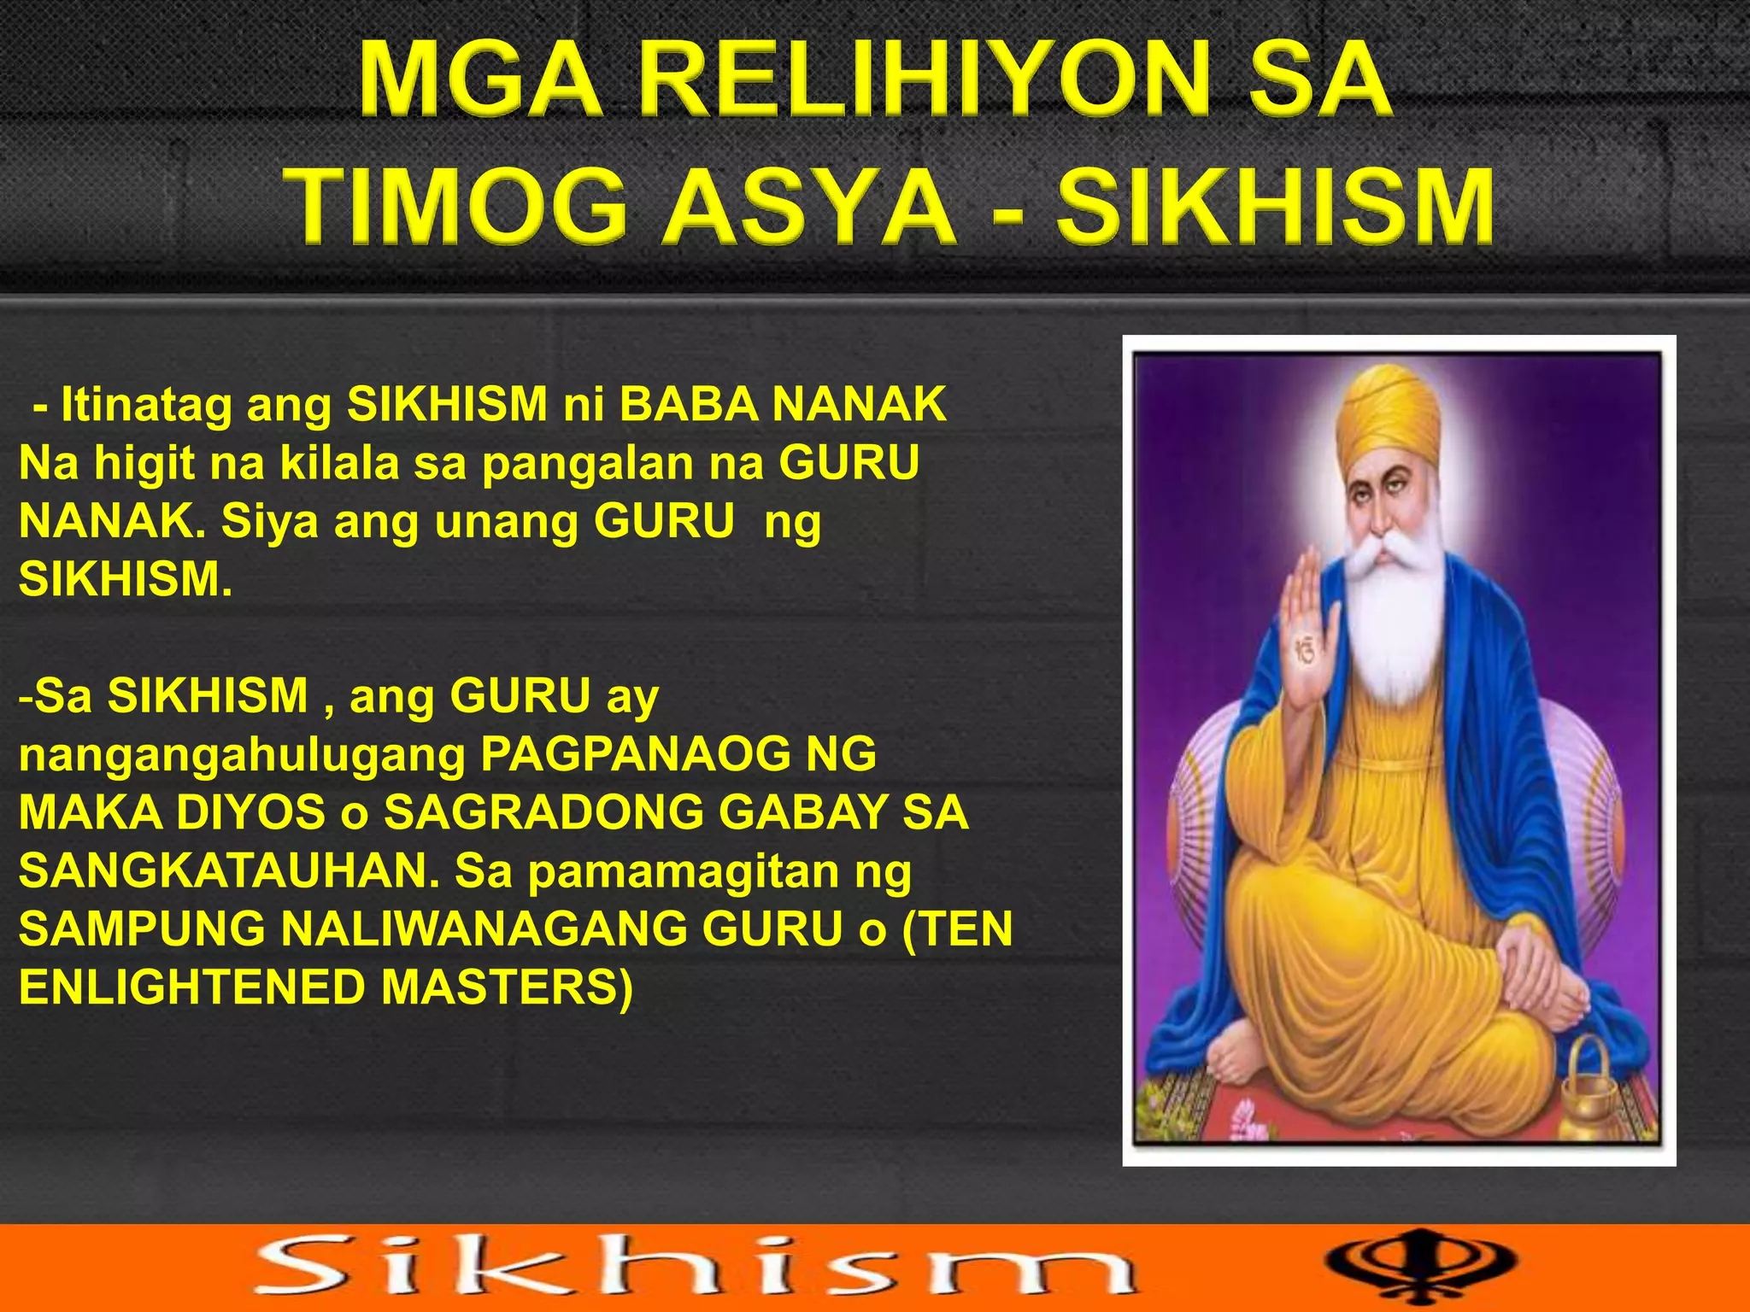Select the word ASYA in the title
[x=811, y=208]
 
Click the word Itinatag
[x=146, y=404]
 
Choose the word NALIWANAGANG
[x=483, y=928]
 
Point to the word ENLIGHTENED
[x=192, y=987]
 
